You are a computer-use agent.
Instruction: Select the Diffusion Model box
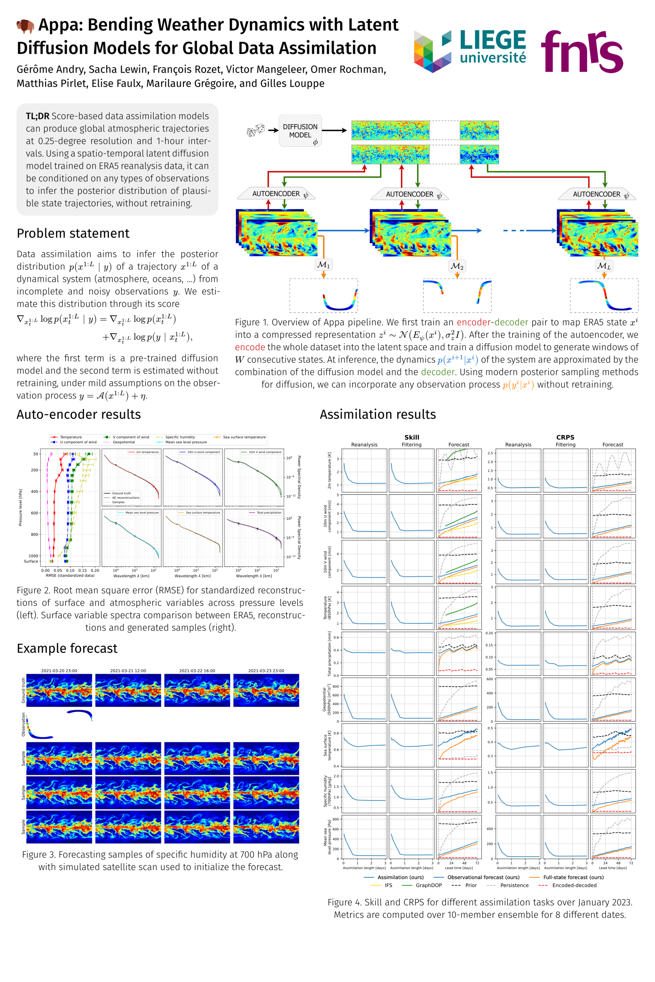point(300,131)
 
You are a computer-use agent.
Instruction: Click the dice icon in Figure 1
point(256,130)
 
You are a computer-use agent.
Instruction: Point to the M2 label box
point(457,266)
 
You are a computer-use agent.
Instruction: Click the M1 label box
point(324,265)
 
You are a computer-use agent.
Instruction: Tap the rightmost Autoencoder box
point(597,194)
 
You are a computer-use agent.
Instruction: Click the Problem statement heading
point(73,233)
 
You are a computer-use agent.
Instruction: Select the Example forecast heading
point(67,649)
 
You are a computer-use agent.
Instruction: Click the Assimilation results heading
point(378,414)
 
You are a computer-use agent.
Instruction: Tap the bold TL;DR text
point(38,116)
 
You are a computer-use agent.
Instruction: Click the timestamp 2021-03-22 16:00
point(197,671)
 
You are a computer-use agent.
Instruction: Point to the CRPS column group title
point(565,437)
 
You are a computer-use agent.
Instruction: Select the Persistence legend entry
point(514,885)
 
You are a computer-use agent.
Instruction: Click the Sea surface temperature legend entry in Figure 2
point(244,437)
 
